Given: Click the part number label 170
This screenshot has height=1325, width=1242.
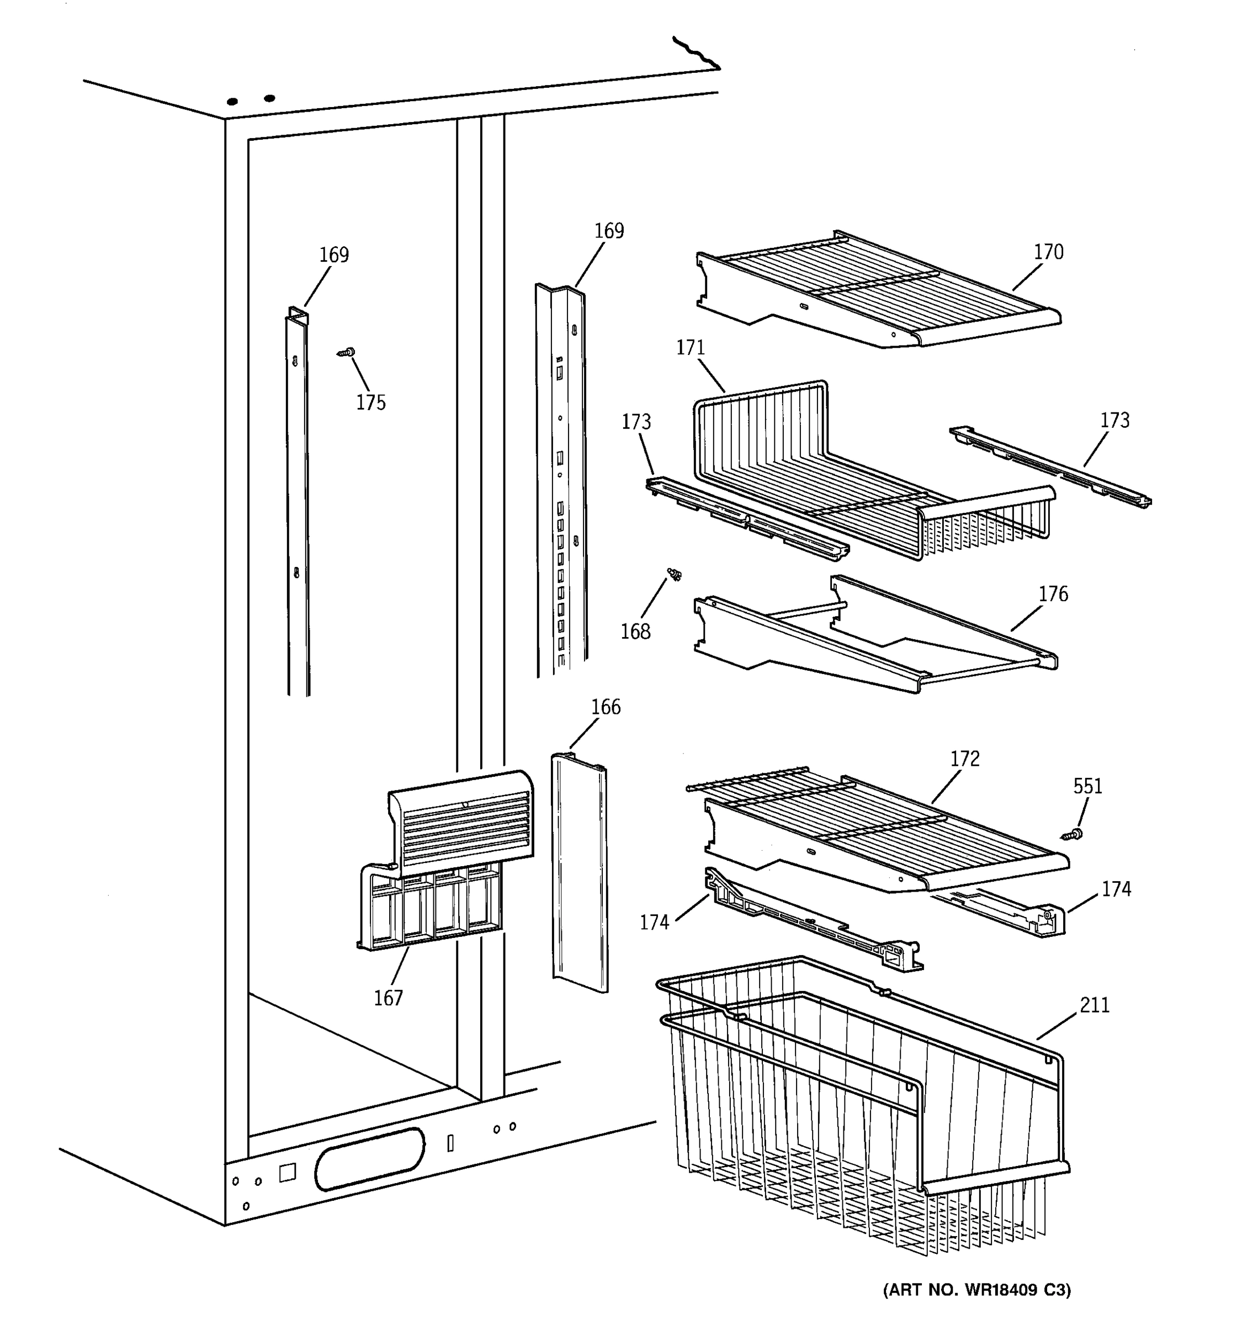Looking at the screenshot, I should pos(1048,252).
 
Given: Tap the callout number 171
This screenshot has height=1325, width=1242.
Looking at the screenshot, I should pos(691,348).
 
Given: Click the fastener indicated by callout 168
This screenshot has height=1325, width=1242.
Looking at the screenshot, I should pos(675,574).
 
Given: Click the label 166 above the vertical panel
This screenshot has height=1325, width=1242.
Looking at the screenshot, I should pos(605,707).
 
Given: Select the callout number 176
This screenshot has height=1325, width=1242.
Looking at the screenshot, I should pos(1053,594).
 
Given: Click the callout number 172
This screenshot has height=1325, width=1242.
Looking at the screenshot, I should pos(964,759).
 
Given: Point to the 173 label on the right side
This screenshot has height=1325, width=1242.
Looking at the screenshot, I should pos(1114,421).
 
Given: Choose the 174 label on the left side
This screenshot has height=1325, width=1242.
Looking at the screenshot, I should pos(654,923).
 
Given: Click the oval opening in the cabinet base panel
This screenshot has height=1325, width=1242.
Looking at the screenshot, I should pos(369,1159).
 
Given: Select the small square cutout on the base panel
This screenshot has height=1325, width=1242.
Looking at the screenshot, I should pos(287,1173).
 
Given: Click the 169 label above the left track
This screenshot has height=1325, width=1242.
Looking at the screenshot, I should pos(333,255).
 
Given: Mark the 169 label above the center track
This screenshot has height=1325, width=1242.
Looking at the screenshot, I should pos(608,231).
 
